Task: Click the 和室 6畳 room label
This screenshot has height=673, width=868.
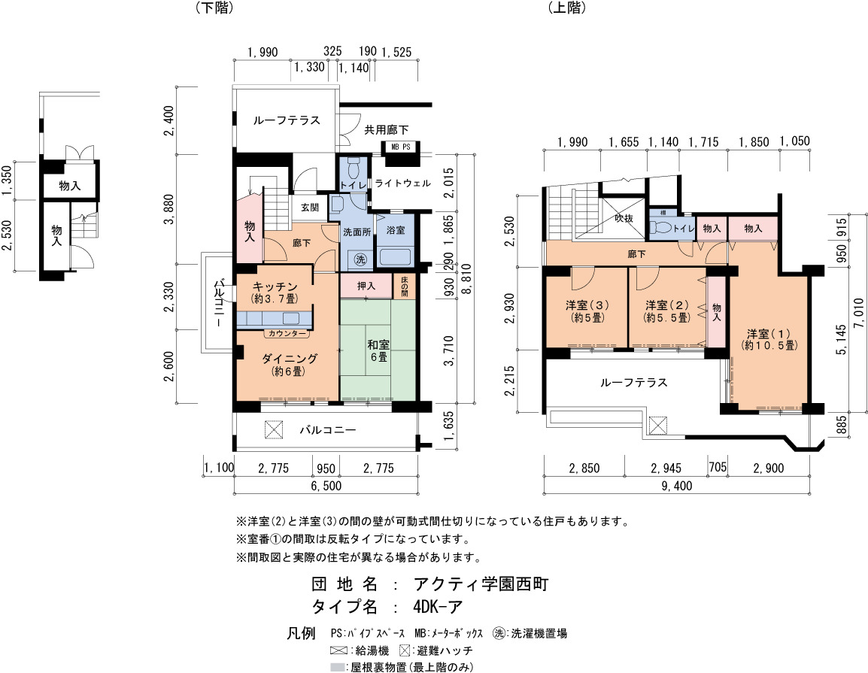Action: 378,351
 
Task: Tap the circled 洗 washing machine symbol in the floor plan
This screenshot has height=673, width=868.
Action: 360,259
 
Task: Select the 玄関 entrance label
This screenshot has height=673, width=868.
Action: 310,208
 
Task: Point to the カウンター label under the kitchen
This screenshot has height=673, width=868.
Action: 287,334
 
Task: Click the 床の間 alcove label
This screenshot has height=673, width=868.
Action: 404,286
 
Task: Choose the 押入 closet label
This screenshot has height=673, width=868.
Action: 366,286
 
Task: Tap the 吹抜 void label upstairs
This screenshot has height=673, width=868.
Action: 624,219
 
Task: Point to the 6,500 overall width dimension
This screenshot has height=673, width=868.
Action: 326,486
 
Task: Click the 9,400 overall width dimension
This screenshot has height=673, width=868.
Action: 676,486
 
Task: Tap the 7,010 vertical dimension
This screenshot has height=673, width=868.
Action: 858,314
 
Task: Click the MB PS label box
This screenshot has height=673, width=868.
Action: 402,147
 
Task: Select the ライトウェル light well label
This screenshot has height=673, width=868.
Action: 402,183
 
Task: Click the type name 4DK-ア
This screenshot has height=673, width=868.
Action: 437,607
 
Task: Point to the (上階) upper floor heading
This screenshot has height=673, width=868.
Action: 568,8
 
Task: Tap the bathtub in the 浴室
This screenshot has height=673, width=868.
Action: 395,257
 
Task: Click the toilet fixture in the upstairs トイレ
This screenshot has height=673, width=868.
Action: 662,227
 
